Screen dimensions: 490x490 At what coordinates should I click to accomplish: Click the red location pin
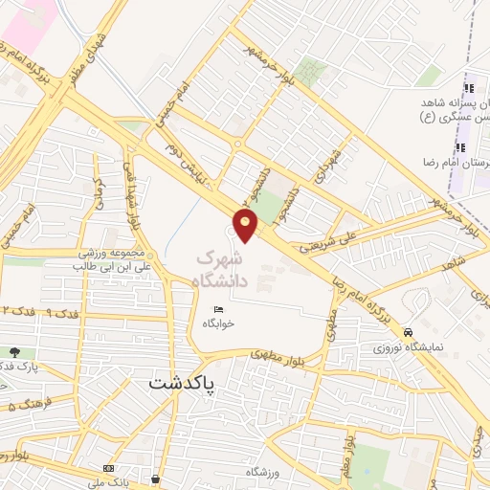[x=247, y=226]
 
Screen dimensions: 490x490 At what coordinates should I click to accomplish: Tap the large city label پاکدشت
[x=197, y=383]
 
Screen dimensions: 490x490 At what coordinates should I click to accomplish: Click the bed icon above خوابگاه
[x=220, y=308]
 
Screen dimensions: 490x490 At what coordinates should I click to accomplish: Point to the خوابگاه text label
[x=218, y=323]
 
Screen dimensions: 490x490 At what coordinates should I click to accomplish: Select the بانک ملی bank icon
[x=107, y=467]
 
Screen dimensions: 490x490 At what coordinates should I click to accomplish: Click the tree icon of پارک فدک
[x=15, y=353]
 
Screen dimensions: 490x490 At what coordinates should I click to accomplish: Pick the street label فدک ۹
[x=61, y=313]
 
